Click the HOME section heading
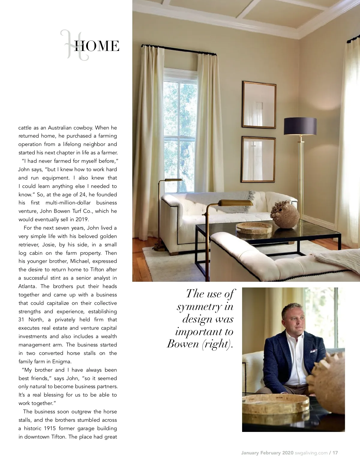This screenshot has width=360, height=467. pos(96,46)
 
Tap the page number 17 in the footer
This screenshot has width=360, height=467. pos(335,453)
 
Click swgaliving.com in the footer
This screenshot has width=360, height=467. pos(311,453)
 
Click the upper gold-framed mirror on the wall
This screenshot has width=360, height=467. pos(259,105)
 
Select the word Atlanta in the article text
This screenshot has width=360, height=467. pos(28,286)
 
